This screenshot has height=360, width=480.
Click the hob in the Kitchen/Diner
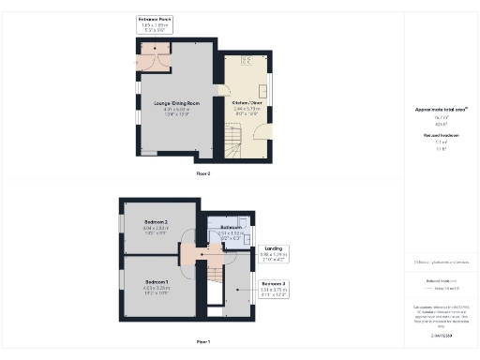tap(247, 62)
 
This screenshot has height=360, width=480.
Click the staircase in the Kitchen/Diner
tap(231, 142)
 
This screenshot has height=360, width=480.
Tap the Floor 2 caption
tap(203, 174)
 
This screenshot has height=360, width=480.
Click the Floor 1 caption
tap(203, 341)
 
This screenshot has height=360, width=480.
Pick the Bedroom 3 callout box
tap(273, 287)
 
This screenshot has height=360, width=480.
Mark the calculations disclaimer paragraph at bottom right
tap(441, 314)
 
